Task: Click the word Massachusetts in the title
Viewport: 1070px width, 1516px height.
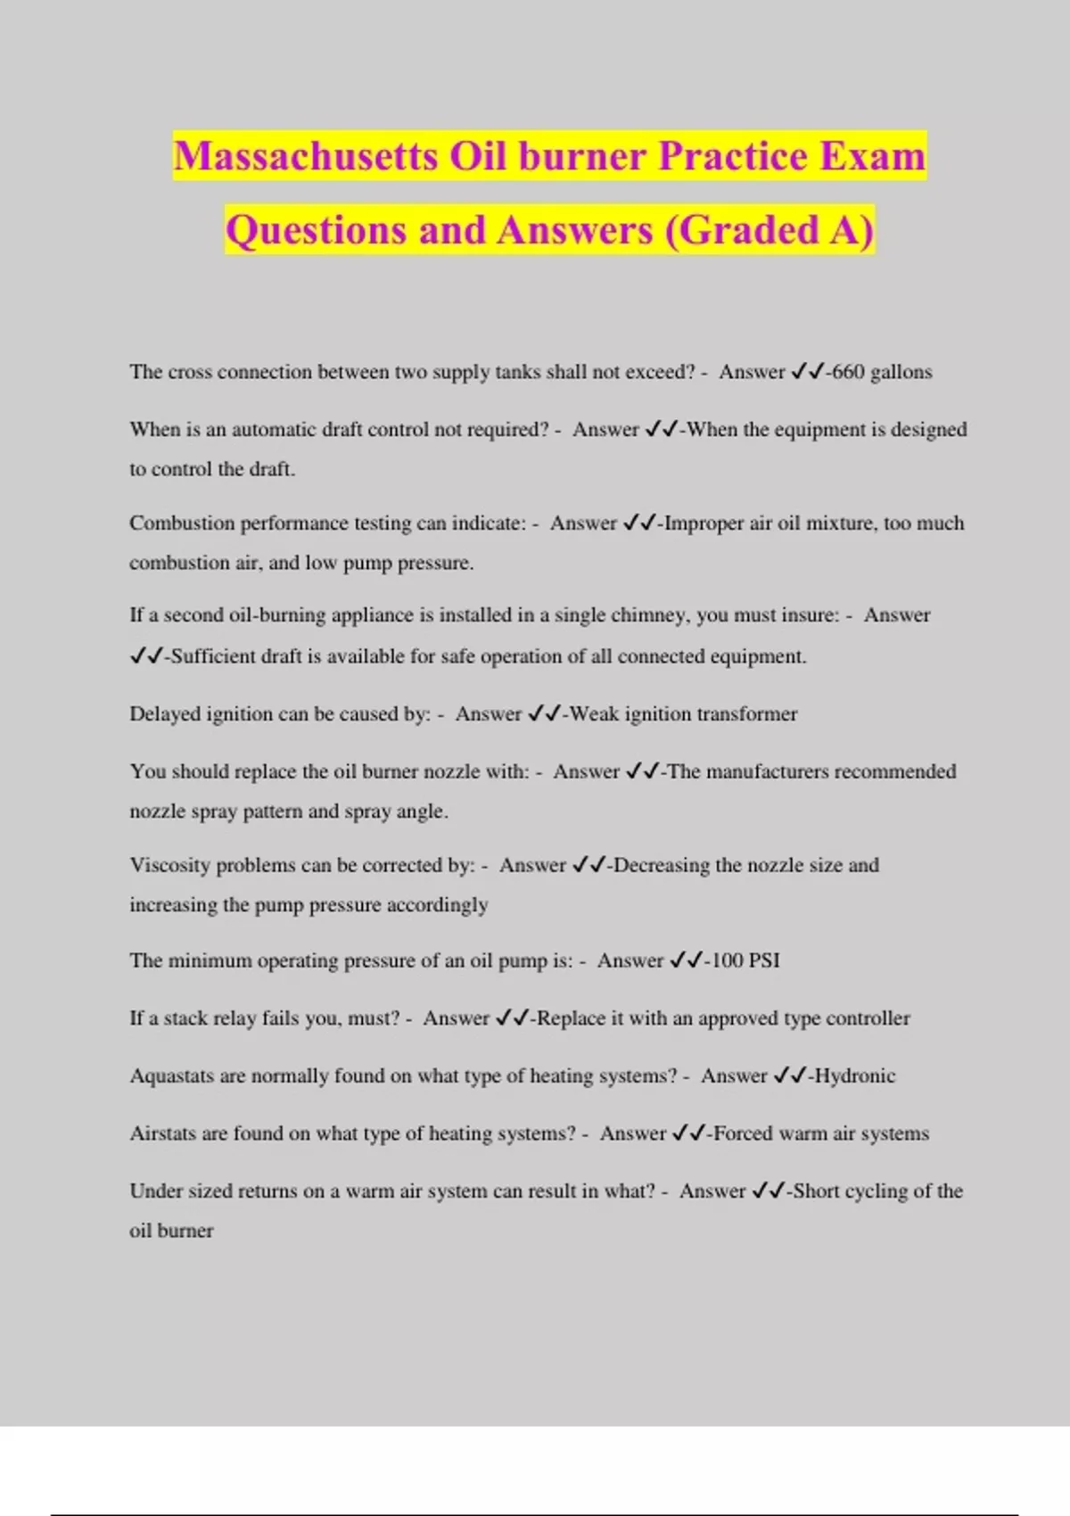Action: (306, 156)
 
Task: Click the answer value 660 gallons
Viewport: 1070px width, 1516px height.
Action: (882, 372)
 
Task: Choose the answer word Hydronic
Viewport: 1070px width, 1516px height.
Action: (855, 1075)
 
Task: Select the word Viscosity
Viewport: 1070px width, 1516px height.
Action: (169, 865)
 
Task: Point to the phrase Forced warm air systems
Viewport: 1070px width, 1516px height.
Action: (821, 1133)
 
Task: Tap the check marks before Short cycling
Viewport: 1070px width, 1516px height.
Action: (768, 1191)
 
